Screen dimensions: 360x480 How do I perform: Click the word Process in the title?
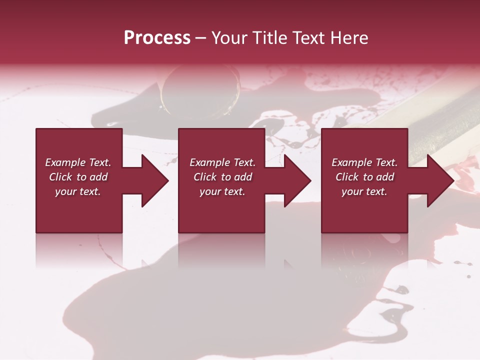pyautogui.click(x=157, y=38)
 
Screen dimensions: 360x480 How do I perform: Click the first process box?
pyautogui.click(x=79, y=210)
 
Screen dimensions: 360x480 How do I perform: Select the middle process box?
pyautogui.click(x=221, y=210)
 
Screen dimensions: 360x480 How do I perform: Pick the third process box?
pyautogui.click(x=364, y=210)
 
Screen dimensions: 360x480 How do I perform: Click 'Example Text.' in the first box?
pyautogui.click(x=78, y=162)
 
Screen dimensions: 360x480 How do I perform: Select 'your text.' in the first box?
pyautogui.click(x=78, y=191)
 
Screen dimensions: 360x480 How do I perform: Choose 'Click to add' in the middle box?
pyautogui.click(x=222, y=177)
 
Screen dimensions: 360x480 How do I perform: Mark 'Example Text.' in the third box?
pyautogui.click(x=364, y=162)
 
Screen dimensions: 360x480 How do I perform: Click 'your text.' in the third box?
pyautogui.click(x=364, y=191)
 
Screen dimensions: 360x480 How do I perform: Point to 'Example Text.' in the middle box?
pyautogui.click(x=222, y=162)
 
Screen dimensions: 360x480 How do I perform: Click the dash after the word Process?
pyautogui.click(x=200, y=38)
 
